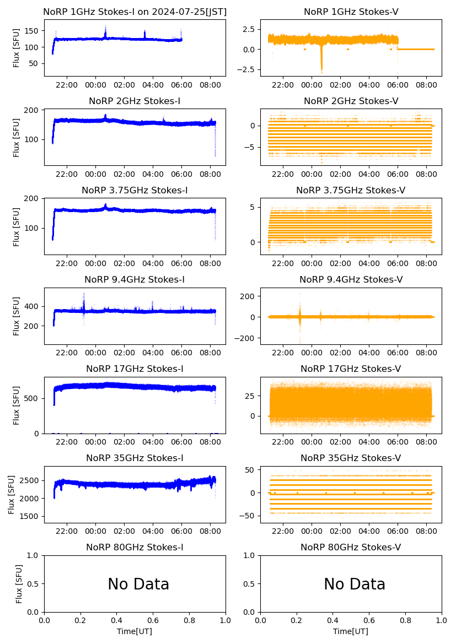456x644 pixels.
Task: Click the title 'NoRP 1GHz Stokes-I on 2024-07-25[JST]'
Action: (x=135, y=12)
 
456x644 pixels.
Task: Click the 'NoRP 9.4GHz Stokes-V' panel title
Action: (x=351, y=279)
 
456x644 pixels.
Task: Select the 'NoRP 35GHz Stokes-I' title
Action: (x=135, y=458)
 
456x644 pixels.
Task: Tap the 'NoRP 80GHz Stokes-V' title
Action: (x=351, y=547)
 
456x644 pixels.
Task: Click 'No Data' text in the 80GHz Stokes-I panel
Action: (x=138, y=584)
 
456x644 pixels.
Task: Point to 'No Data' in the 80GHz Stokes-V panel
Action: (x=355, y=584)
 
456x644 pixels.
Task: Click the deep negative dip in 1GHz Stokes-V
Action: (x=321, y=68)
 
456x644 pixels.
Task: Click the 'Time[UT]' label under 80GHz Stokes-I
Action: (x=135, y=631)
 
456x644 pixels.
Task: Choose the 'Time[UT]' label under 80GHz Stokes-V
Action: (x=351, y=631)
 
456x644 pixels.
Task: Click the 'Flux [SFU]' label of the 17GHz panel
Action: (x=16, y=405)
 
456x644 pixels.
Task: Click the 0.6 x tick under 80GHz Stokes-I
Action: (x=153, y=620)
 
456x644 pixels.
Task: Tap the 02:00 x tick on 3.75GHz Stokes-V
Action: (x=340, y=263)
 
